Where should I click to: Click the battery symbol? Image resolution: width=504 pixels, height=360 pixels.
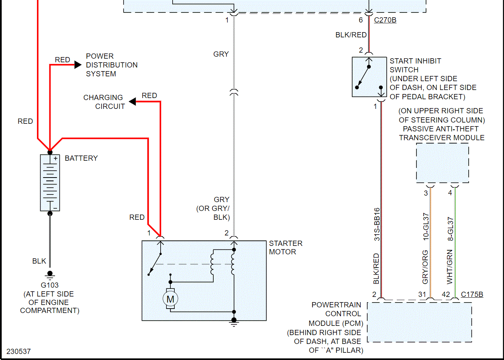50,182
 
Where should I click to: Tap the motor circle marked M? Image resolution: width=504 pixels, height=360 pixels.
170,299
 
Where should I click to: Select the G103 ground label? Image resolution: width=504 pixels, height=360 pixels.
50,285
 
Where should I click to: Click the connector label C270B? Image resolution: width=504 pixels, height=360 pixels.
385,20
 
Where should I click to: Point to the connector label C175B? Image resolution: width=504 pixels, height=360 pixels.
472,295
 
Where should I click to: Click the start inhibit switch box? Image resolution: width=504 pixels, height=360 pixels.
369,77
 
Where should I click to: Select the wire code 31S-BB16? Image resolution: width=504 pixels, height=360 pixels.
377,230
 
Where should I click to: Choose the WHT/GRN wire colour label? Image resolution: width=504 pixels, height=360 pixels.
450,267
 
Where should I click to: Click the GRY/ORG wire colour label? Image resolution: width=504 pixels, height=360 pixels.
426,267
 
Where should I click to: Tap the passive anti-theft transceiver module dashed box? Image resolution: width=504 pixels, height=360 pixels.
442,163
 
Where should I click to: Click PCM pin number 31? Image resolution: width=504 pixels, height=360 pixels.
422,295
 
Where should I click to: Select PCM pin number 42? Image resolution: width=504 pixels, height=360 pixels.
446,295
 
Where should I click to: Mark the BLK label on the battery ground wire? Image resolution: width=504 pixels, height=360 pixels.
39,261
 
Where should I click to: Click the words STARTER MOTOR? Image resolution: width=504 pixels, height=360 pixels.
286,247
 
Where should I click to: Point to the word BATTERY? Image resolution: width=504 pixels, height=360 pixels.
81,158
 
